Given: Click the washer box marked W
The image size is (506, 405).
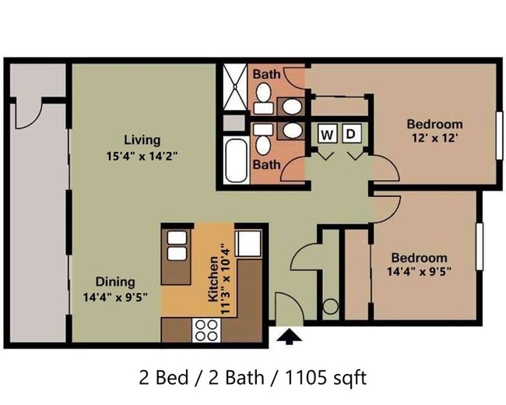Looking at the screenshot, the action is [x=328, y=133].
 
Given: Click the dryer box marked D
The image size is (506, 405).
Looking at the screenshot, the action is [x=351, y=133].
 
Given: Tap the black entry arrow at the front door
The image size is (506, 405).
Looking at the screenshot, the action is [x=289, y=336].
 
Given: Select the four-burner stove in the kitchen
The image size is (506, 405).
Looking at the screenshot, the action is [x=206, y=330].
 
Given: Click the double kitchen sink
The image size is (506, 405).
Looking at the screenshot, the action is [x=177, y=245].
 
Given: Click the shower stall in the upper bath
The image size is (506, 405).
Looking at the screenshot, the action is [x=236, y=86].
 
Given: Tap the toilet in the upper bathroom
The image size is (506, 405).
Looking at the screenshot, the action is [x=264, y=98].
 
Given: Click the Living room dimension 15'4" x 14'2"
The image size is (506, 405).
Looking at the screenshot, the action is [x=142, y=157].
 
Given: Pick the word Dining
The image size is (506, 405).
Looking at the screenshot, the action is [x=115, y=282].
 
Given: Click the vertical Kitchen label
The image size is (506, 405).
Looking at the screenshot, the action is [x=213, y=279].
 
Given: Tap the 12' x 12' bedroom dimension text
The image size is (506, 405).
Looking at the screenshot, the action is [x=434, y=138].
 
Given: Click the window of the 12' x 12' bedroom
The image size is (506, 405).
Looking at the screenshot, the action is [x=500, y=136].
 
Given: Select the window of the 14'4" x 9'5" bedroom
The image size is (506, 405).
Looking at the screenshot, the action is [x=480, y=246].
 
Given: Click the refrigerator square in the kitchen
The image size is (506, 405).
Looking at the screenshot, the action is [x=248, y=244].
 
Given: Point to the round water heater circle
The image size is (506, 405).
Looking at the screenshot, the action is [x=330, y=306].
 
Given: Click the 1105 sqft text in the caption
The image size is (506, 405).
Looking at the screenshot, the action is [x=326, y=378].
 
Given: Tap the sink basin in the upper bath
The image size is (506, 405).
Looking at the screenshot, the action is [x=292, y=106].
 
